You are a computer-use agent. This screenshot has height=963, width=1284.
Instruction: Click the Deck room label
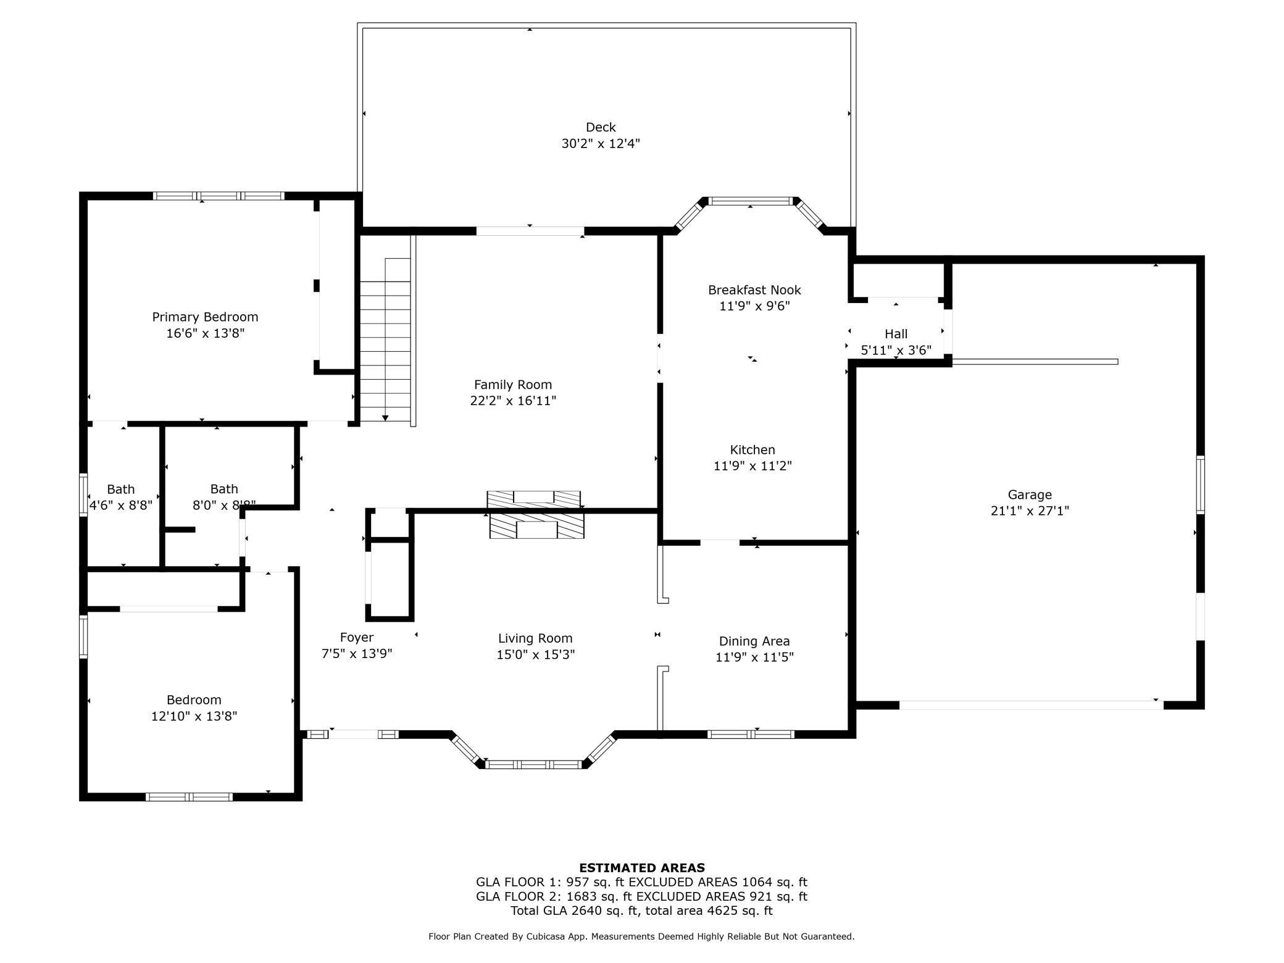[x=600, y=127]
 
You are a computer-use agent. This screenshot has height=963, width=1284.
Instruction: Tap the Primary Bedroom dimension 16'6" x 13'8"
[x=205, y=333]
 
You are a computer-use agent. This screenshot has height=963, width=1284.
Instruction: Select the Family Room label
[x=512, y=385]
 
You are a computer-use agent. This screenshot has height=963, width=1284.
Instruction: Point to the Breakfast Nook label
[x=754, y=290]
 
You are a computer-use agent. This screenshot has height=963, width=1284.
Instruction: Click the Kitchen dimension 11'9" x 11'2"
[x=752, y=466]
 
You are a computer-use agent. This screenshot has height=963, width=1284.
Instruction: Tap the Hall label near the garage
[x=896, y=334]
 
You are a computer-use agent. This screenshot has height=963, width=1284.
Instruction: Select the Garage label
[x=1029, y=494]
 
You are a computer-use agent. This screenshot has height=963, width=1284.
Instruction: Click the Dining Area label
[x=754, y=641]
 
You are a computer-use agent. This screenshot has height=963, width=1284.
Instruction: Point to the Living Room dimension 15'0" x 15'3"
[x=535, y=654]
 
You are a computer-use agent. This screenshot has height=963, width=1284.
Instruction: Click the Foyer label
[x=356, y=637]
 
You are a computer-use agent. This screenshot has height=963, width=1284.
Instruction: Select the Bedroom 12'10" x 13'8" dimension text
[x=194, y=716]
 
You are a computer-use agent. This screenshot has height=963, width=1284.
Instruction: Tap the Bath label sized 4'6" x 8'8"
[x=120, y=490]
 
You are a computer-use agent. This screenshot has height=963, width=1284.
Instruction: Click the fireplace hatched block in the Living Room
[x=536, y=529]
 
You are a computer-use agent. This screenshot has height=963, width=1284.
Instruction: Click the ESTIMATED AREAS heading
[x=641, y=867]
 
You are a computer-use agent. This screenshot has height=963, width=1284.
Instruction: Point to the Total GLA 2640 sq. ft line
[x=641, y=911]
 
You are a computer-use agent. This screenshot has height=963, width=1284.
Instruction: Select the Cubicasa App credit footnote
[x=641, y=936]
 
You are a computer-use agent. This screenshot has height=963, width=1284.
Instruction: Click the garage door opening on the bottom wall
[x=1031, y=704]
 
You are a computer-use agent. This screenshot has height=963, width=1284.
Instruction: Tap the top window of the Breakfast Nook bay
[x=749, y=201]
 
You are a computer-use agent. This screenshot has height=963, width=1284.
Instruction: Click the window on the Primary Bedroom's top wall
[x=219, y=196]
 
